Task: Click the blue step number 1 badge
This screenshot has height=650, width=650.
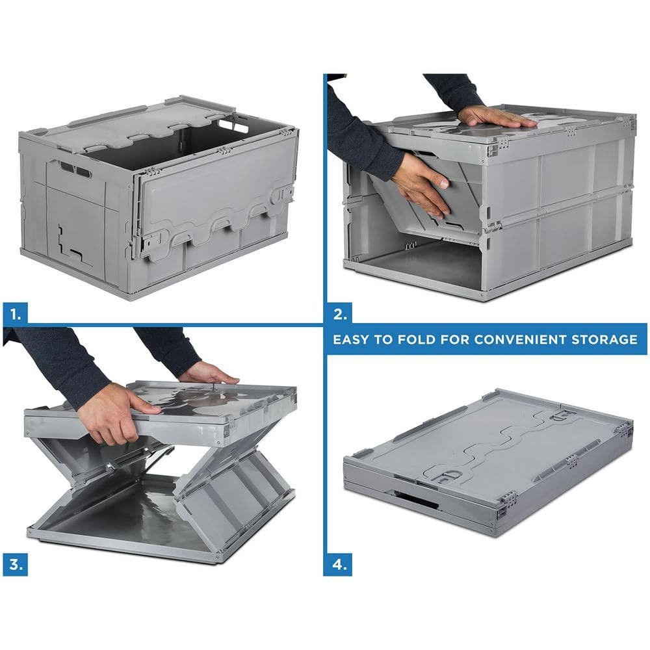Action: click(16, 313)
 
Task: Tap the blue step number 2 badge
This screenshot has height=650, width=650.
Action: click(339, 313)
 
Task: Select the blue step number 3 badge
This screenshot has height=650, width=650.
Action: click(16, 564)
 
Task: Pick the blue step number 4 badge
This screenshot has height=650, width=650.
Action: click(338, 564)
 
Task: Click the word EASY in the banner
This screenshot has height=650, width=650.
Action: click(351, 339)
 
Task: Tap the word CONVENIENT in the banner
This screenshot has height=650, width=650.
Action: click(520, 339)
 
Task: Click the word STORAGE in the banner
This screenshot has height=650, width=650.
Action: click(604, 339)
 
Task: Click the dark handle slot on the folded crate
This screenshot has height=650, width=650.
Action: click(416, 499)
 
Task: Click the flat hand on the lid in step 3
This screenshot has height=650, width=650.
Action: click(209, 372)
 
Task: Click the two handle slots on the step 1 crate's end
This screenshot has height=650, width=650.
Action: click(75, 169)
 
